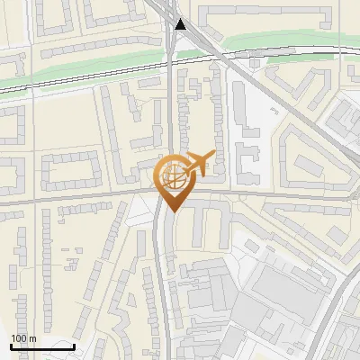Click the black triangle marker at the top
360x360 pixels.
(x=182, y=24)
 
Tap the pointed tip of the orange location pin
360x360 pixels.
(x=171, y=211)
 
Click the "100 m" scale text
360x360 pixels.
(x=23, y=338)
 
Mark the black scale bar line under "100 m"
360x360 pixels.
(x=41, y=346)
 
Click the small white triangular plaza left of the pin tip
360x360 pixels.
(x=140, y=212)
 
